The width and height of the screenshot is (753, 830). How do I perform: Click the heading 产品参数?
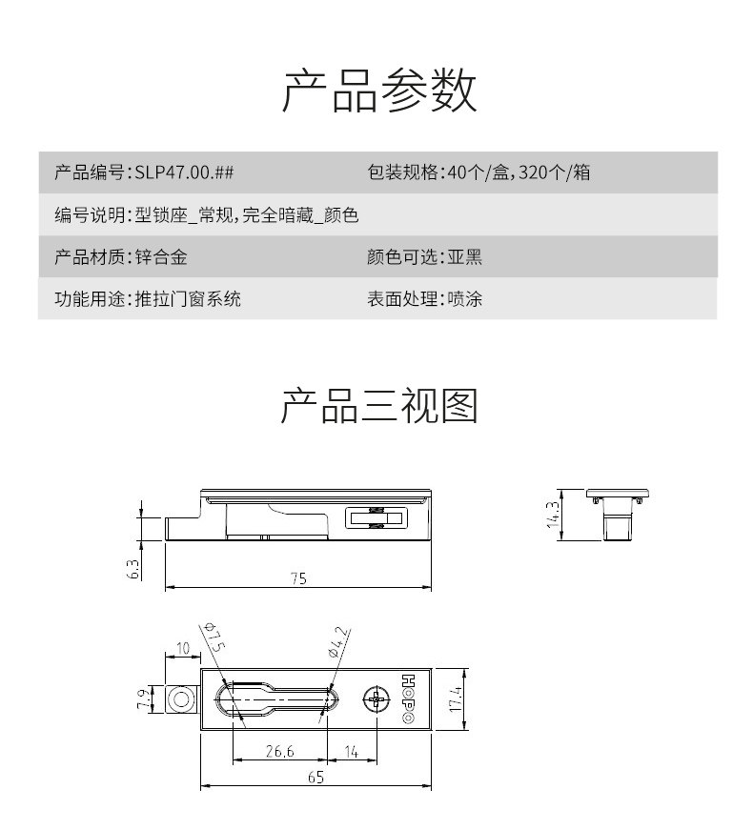pos(379,90)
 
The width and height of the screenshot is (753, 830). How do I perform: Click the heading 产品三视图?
pos(379,406)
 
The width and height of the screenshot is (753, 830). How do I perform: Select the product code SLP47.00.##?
pos(184,172)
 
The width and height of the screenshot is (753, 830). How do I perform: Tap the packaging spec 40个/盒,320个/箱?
pos(519,172)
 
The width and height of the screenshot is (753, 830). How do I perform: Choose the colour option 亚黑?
pos(465,257)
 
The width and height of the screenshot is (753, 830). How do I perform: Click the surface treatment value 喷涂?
pos(465,299)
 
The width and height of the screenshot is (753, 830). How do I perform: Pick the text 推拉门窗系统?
pos(188,299)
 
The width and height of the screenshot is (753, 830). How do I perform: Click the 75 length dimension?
pos(298,578)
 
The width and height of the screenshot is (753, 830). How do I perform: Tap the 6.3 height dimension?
pos(133,569)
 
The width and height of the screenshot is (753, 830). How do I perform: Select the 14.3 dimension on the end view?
pos(553,515)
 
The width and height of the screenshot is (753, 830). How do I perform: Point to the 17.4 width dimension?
pos(456,698)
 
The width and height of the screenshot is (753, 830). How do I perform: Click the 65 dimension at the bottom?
pos(315,777)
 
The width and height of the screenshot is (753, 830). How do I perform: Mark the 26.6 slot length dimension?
pos(279,751)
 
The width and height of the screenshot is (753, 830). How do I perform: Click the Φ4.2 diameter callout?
pos(339,642)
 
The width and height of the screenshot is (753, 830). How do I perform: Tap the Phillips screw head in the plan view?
pos(376,699)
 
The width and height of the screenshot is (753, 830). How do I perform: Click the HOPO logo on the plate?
pos(408,698)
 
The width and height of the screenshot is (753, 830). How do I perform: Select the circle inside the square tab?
pos(182,699)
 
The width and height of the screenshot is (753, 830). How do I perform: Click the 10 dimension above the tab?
pos(183,648)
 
